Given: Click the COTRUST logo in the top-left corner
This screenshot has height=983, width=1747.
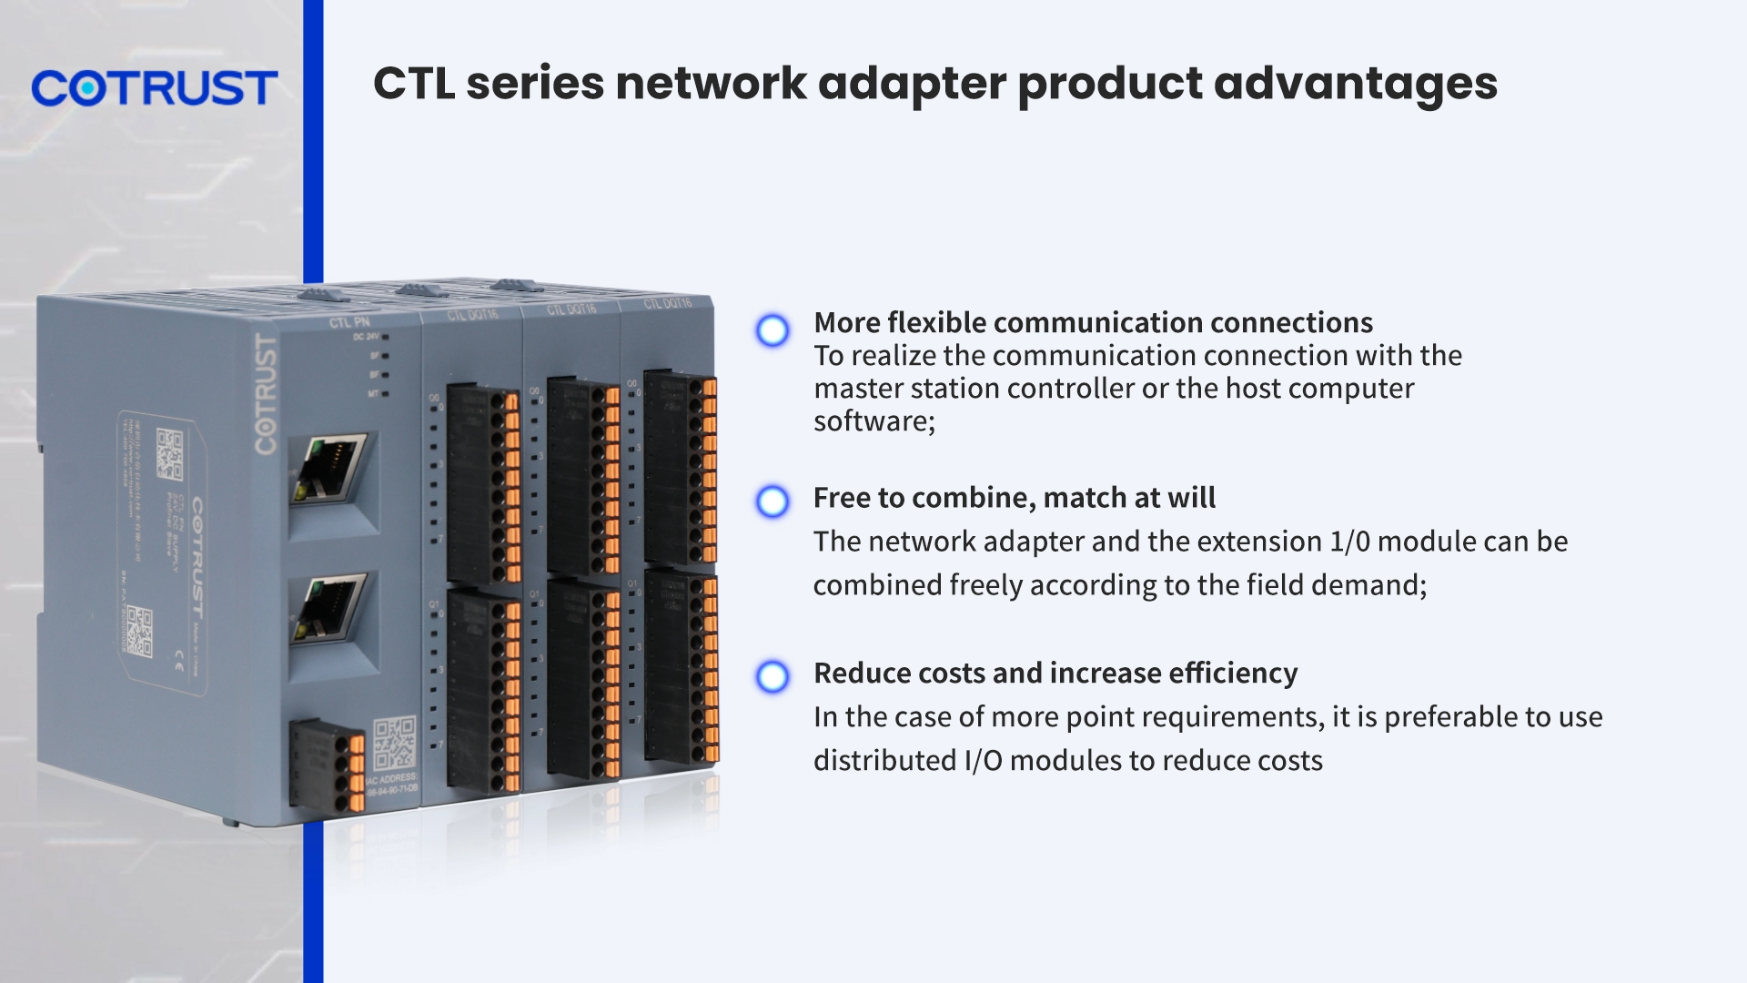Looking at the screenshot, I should [155, 88].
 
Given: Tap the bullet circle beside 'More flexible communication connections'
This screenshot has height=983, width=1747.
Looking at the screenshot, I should [773, 330].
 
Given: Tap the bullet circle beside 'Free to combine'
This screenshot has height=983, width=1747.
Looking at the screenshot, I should [773, 502].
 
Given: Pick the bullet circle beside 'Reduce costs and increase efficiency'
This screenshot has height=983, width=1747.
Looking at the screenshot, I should [773, 676].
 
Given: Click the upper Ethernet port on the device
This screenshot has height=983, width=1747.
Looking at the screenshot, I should [329, 470].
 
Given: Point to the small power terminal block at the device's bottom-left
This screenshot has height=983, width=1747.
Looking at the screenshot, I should [327, 765].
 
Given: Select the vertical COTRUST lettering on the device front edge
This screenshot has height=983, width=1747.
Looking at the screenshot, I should [265, 394].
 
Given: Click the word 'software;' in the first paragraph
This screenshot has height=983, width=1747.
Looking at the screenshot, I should [873, 421].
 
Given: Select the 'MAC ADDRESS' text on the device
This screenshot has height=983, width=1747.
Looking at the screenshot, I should [391, 778].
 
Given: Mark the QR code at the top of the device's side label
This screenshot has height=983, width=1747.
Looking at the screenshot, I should [170, 454].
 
